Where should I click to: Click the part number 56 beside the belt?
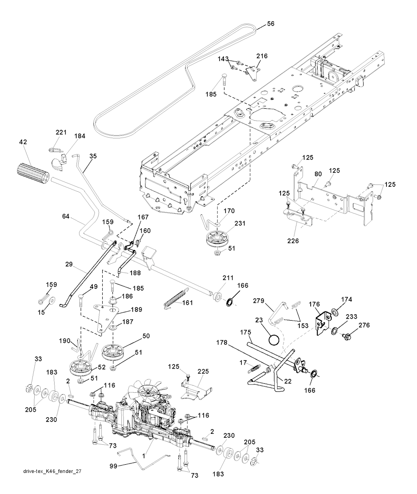click(270, 24)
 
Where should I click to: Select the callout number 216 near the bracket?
click(262, 56)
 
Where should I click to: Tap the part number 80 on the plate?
click(318, 174)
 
